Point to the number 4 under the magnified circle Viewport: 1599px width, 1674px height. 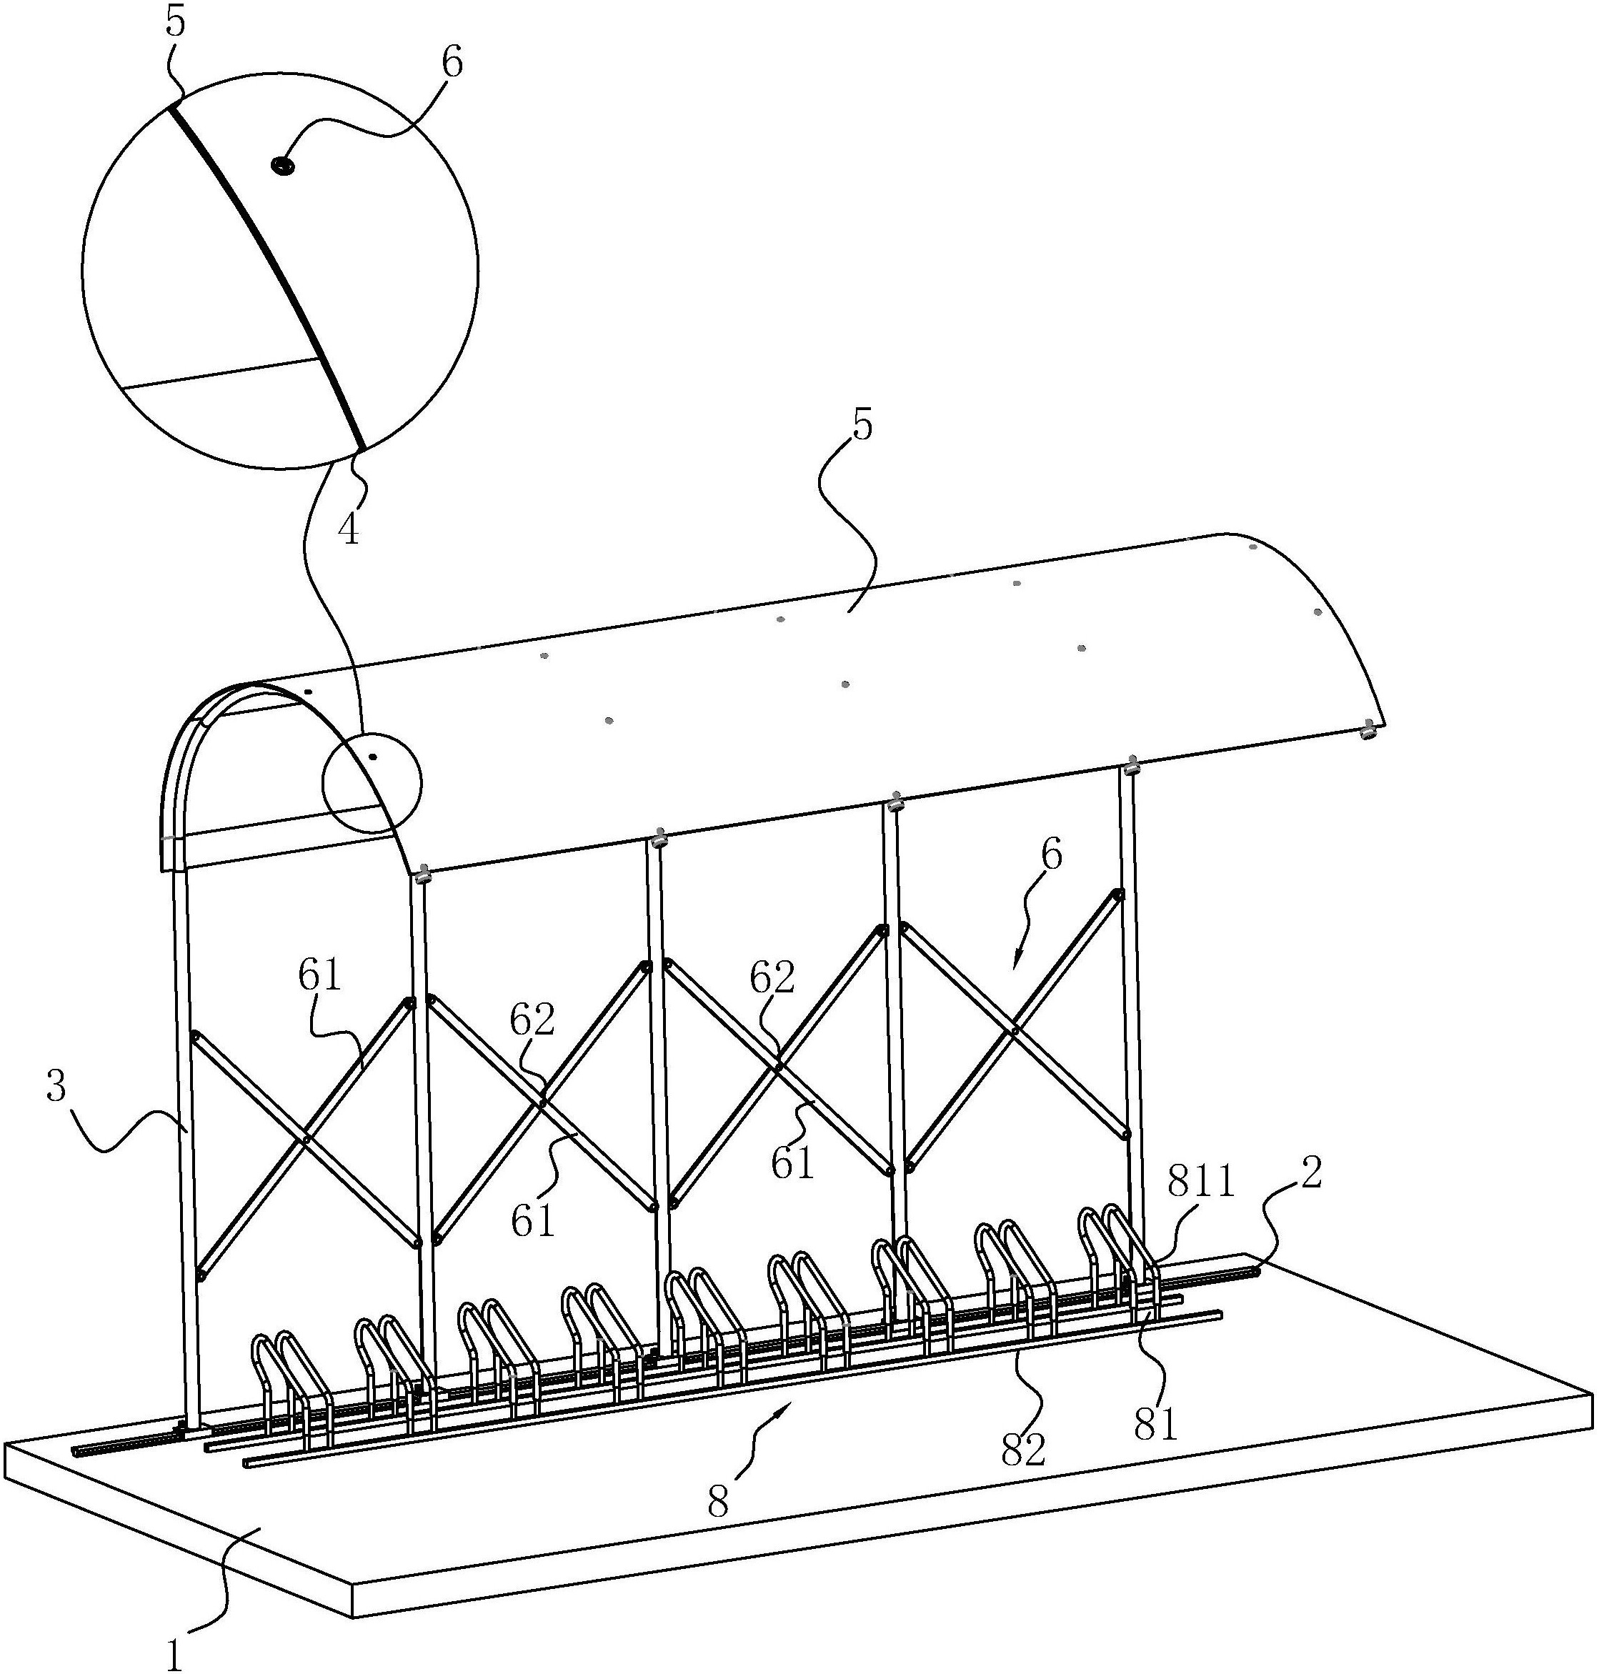tap(348, 529)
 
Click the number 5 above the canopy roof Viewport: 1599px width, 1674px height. tap(862, 424)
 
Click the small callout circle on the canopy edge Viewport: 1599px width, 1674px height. tap(372, 783)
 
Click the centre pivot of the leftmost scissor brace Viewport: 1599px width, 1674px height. tap(305, 1139)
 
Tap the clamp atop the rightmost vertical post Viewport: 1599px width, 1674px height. tap(1132, 767)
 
